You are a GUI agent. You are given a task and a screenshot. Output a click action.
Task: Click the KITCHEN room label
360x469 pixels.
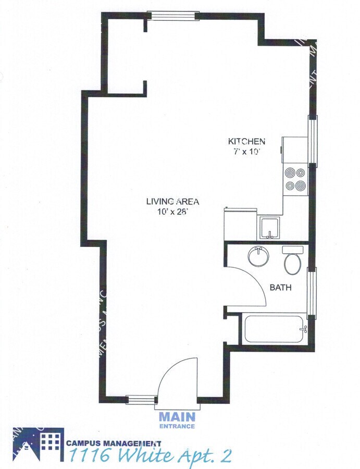tap(247, 141)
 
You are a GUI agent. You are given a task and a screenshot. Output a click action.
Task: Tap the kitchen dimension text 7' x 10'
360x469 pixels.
tap(247, 152)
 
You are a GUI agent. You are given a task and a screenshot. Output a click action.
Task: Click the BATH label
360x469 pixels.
tap(280, 287)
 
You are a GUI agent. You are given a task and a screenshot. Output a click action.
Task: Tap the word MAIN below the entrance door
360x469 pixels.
tap(177, 417)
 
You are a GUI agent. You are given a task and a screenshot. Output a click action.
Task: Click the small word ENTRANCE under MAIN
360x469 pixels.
tap(177, 426)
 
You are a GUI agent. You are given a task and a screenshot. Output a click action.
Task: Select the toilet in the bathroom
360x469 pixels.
tap(293, 260)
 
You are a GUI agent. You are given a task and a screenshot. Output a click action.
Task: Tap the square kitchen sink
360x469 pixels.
tap(270, 228)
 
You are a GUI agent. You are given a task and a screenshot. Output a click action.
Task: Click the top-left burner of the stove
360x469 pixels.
tap(289, 172)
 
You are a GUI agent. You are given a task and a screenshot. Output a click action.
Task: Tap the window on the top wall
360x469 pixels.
tap(172, 15)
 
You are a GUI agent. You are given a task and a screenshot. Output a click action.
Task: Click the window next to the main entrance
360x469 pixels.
tap(142, 400)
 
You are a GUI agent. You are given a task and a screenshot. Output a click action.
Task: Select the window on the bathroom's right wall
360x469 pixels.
tap(312, 292)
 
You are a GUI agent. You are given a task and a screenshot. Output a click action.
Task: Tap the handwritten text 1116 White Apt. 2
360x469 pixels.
tap(150, 456)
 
